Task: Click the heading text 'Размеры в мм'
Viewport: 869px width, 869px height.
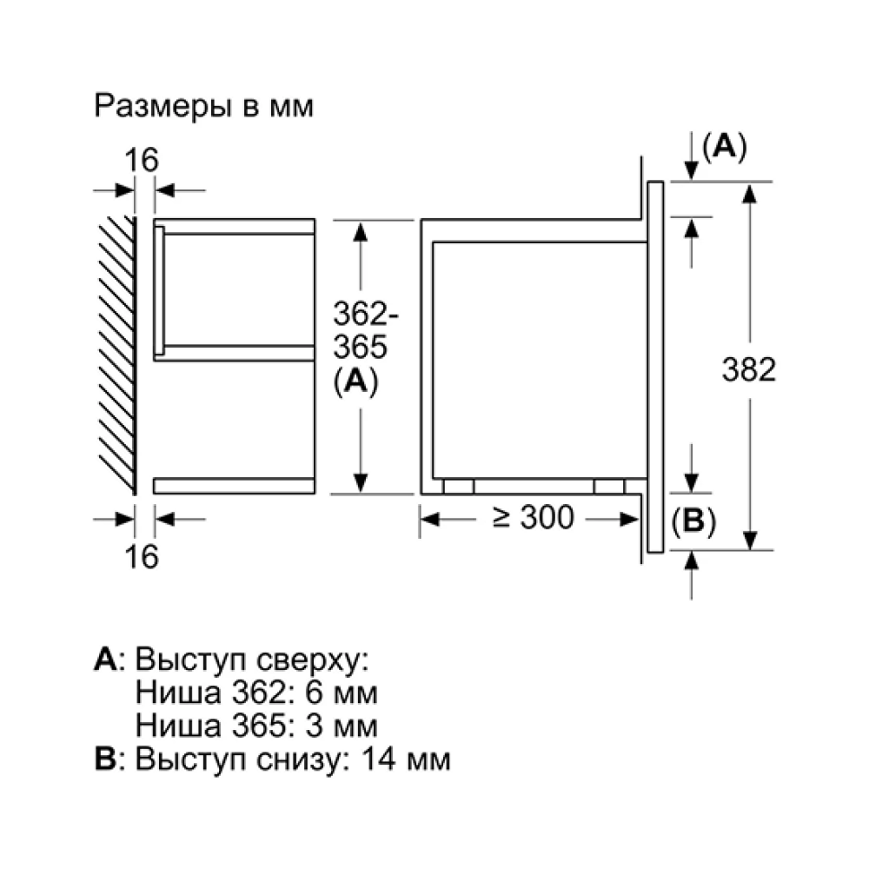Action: click(x=203, y=105)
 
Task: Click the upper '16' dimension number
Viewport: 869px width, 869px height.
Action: click(x=142, y=160)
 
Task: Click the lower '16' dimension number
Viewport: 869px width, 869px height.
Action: click(x=142, y=556)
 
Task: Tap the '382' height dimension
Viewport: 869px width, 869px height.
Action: click(x=749, y=369)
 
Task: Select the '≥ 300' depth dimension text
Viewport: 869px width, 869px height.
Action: click(x=533, y=518)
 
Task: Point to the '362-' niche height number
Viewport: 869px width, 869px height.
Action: click(x=365, y=315)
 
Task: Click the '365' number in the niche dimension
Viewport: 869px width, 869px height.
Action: click(x=361, y=348)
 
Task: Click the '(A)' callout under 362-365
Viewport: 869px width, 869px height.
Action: click(x=355, y=381)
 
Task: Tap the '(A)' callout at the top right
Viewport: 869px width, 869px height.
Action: click(x=725, y=147)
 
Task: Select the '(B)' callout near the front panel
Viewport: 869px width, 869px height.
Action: click(x=693, y=521)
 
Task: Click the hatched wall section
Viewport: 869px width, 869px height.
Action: click(x=117, y=355)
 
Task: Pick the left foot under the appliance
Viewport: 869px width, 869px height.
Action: click(x=458, y=486)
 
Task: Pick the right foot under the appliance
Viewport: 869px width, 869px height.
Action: click(x=609, y=486)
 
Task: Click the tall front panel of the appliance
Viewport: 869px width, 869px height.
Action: click(x=655, y=367)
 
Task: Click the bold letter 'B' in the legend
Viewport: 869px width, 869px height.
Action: click(x=105, y=759)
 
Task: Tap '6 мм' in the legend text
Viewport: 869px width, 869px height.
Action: click(x=342, y=693)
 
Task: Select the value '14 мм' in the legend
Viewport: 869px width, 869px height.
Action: click(x=406, y=759)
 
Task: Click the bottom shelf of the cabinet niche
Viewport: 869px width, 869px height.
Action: click(x=234, y=486)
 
